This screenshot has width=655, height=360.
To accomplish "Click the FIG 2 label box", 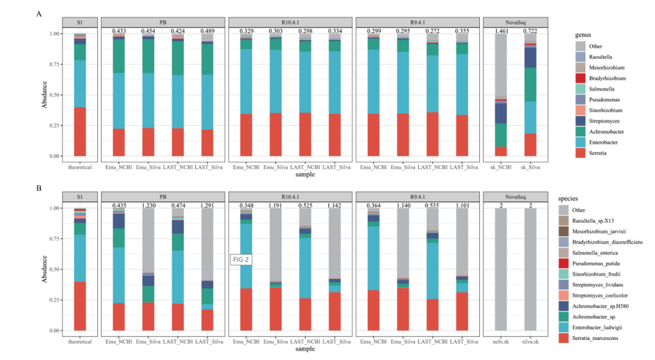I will (x=241, y=260).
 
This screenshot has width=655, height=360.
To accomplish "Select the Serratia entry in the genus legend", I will (x=595, y=153).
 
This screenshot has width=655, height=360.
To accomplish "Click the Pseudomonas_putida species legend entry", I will (x=600, y=263).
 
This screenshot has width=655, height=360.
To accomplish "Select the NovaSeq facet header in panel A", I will (x=515, y=22).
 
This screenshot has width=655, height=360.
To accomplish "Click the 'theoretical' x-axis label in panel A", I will (x=80, y=167).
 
